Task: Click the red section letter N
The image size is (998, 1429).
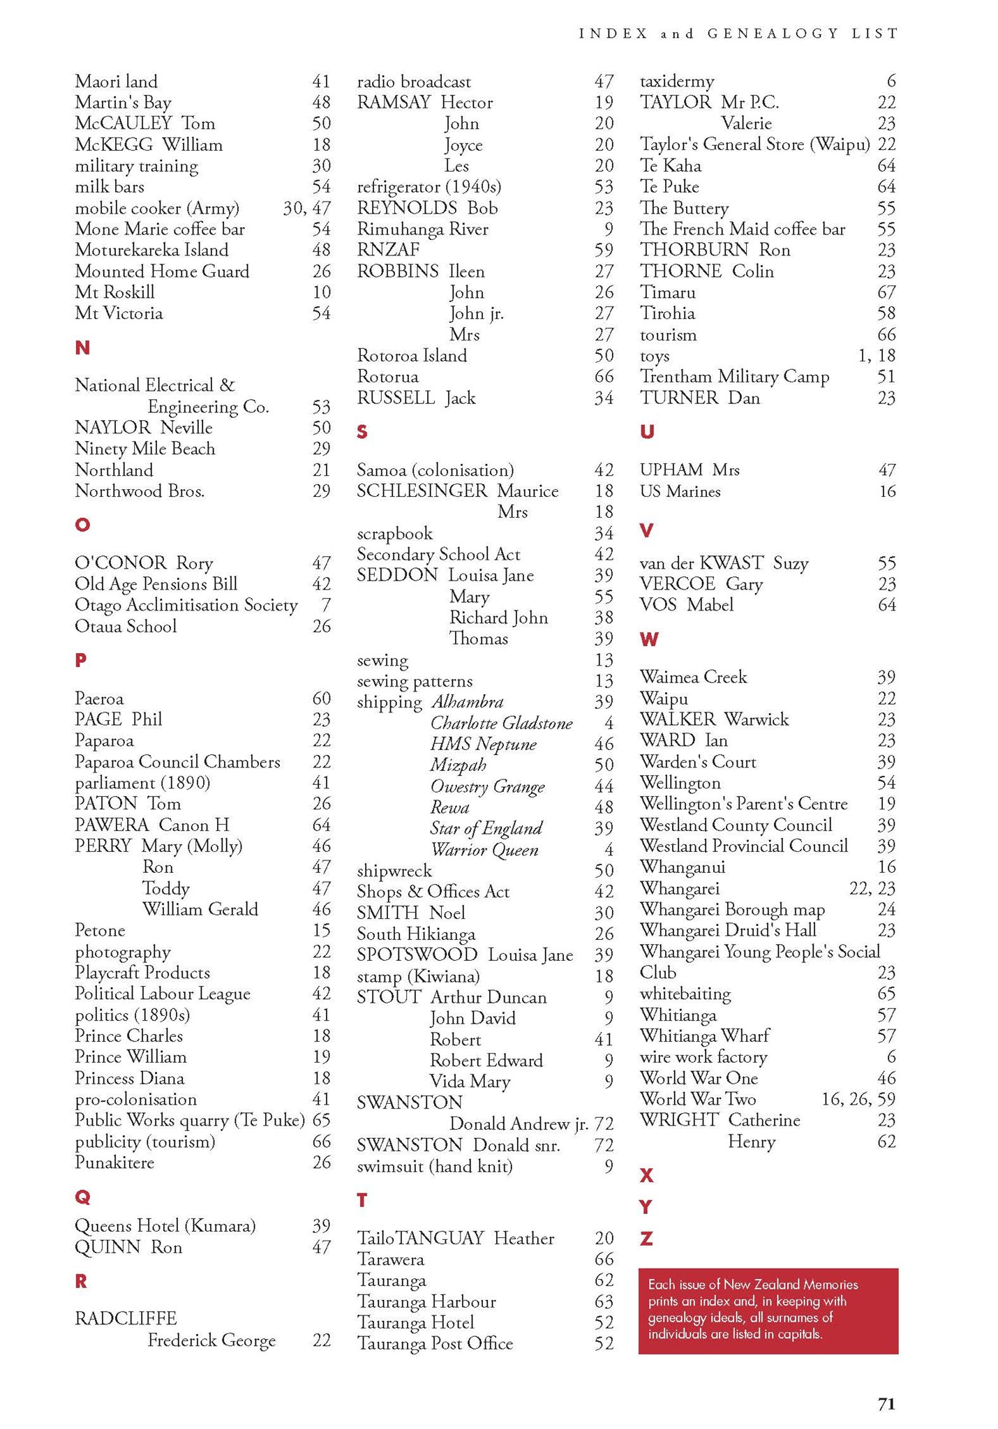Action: click(82, 347)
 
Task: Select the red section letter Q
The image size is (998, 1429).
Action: click(82, 1197)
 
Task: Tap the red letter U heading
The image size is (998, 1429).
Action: click(647, 432)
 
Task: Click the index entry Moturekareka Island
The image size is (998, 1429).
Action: click(151, 250)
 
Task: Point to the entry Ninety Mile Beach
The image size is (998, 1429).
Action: click(144, 449)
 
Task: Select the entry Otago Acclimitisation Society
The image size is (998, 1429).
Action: click(186, 605)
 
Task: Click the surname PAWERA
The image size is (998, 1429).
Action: click(112, 825)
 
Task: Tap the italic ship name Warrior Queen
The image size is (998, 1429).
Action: click(484, 850)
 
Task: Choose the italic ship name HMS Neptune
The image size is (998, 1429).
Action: click(483, 745)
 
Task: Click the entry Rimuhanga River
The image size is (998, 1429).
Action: click(422, 229)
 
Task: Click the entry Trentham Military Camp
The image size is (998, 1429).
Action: click(734, 377)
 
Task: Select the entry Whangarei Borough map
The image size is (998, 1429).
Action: click(732, 909)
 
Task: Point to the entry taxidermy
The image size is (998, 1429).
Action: click(676, 82)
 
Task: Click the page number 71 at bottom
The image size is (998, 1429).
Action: click(886, 1404)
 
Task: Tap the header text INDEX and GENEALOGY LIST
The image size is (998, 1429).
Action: click(738, 33)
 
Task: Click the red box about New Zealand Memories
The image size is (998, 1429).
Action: click(768, 1310)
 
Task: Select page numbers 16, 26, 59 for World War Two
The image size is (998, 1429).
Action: click(858, 1099)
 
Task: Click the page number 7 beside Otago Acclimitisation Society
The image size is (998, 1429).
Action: click(325, 605)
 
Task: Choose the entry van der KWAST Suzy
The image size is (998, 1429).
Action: click(724, 563)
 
